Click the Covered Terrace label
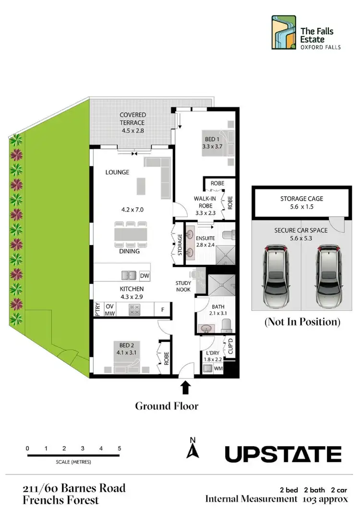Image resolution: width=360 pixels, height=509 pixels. (x=133, y=119)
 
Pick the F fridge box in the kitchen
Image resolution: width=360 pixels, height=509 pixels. (x=163, y=310)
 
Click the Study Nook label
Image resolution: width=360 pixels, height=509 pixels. (x=183, y=286)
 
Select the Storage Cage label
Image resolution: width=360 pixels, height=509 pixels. (x=302, y=199)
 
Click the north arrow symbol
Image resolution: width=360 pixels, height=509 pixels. (x=193, y=449)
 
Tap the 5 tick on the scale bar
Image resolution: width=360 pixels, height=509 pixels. (x=120, y=448)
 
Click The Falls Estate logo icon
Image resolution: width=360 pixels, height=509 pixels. (x=283, y=32)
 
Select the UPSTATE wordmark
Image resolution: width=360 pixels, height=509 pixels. (x=283, y=453)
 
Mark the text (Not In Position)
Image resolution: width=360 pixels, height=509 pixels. (x=302, y=322)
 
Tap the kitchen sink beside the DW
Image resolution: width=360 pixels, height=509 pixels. (x=128, y=275)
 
